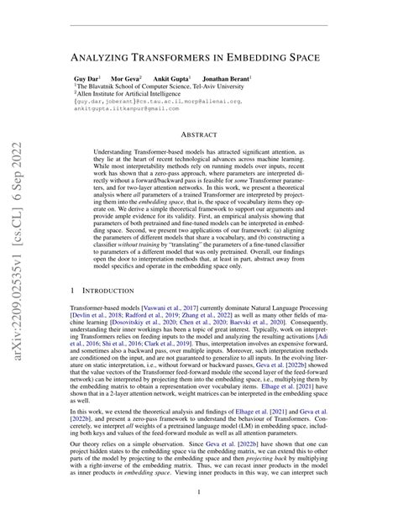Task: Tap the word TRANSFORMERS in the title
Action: [185, 59]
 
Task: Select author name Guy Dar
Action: [86, 77]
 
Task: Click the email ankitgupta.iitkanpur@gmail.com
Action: [122, 110]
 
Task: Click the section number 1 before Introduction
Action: [72, 292]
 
